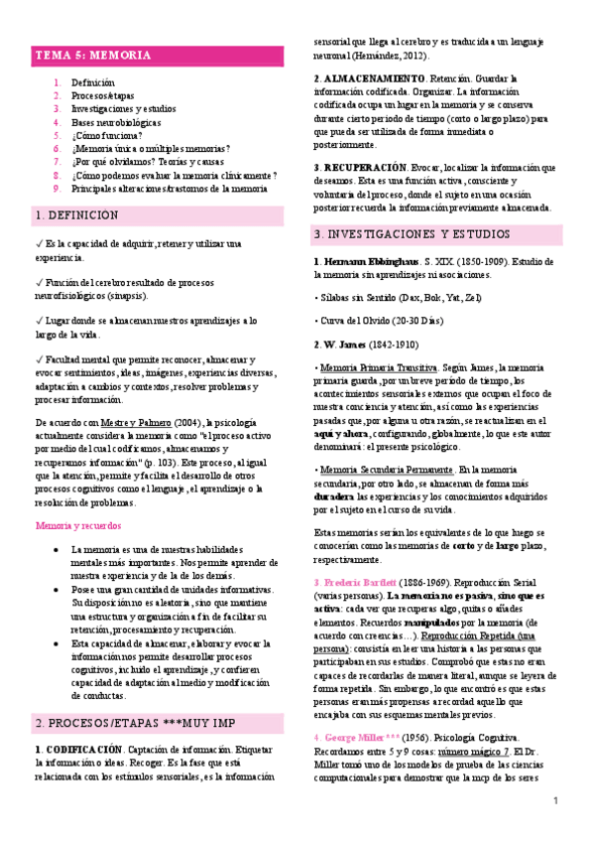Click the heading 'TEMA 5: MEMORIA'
[x=94, y=56]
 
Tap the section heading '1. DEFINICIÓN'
[x=76, y=215]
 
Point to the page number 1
[x=556, y=800]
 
